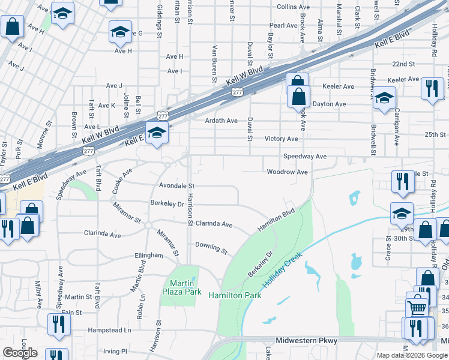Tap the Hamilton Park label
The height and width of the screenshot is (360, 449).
pos(235,296)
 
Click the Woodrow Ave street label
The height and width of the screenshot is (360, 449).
pos(287,172)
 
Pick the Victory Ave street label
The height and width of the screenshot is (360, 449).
pos(281,139)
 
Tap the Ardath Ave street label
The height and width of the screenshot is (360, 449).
pos(221,121)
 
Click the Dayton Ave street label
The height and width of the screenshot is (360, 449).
pos(330,104)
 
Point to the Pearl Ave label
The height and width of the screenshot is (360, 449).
pos(283,26)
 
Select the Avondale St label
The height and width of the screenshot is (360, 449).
pos(176,186)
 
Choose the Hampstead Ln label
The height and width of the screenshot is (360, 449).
pos(110,330)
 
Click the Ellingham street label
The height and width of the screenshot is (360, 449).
pos(149,255)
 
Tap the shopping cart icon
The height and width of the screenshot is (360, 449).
pos(417,308)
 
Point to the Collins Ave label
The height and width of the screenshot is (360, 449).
pos(293,7)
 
